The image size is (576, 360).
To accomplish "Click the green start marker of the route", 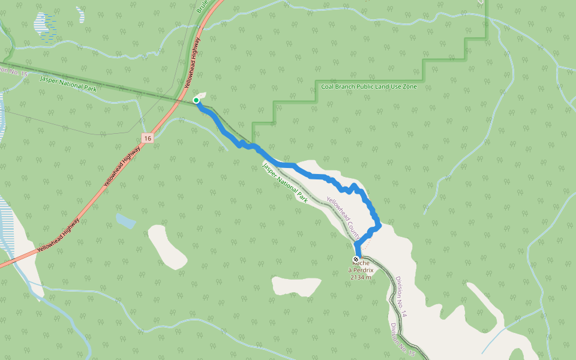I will (196, 100).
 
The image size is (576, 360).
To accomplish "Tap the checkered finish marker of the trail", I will (356, 260).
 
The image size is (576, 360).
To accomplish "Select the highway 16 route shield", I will (148, 138).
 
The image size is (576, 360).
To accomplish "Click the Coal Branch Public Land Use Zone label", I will (368, 87).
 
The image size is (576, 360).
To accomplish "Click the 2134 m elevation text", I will (361, 277).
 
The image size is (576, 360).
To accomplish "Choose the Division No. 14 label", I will (401, 296).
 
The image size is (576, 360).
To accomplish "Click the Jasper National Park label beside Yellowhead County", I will (285, 182).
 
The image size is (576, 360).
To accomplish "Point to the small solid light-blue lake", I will (126, 221).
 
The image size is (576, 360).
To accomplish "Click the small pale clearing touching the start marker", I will (202, 95).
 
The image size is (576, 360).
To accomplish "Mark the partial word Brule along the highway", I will (202, 7).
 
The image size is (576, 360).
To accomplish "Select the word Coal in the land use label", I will (328, 87).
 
